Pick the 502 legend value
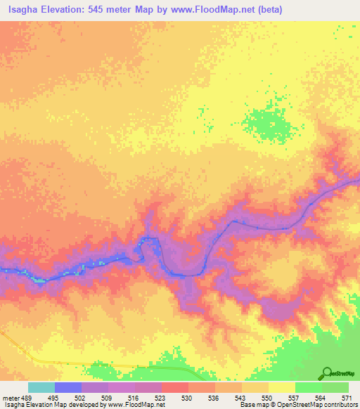click(81, 397)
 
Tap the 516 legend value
click(134, 397)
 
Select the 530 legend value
click(188, 397)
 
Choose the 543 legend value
click(241, 397)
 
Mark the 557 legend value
click(295, 397)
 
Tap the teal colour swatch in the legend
click(41, 387)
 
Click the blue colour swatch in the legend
click(67, 387)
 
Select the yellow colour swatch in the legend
click(281, 387)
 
